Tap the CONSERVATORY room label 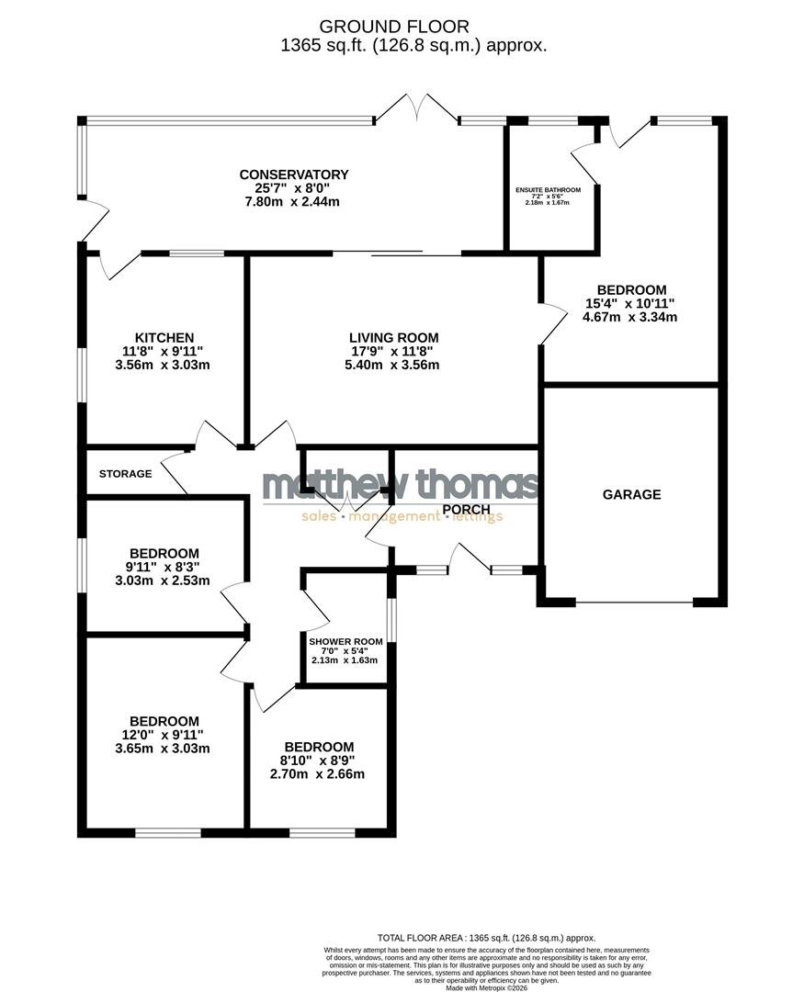pyautogui.click(x=293, y=175)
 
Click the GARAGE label pyautogui.click(x=631, y=494)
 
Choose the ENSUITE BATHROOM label pyautogui.click(x=548, y=190)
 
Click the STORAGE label pyautogui.click(x=125, y=474)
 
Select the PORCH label pyautogui.click(x=466, y=509)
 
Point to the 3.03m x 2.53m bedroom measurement pyautogui.click(x=164, y=581)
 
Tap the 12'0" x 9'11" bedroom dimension pyautogui.click(x=164, y=734)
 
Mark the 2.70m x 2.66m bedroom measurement pyautogui.click(x=318, y=773)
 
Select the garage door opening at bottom pyautogui.click(x=634, y=603)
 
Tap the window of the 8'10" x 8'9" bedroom pyautogui.click(x=322, y=832)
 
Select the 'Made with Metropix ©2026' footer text pyautogui.click(x=487, y=987)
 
